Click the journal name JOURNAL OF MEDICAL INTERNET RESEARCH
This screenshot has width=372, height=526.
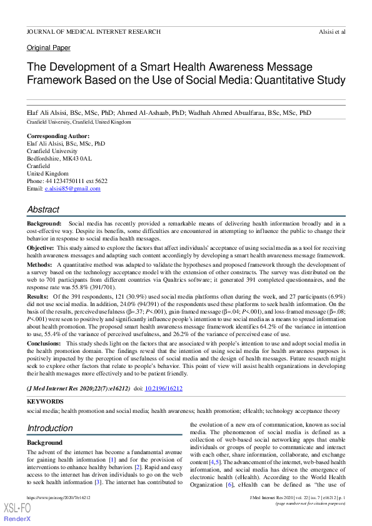pyautogui.click(x=93, y=31)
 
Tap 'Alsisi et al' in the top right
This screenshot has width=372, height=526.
pyautogui.click(x=331, y=31)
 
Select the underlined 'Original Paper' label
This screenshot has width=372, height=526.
pyautogui.click(x=48, y=47)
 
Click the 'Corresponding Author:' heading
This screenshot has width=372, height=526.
pyautogui.click(x=58, y=136)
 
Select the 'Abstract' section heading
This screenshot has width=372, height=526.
pyautogui.click(x=43, y=210)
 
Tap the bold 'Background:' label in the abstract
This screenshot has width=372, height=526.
pyautogui.click(x=44, y=223)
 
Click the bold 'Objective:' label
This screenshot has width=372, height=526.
pyautogui.click(x=40, y=248)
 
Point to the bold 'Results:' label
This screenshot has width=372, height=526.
pyautogui.click(x=38, y=297)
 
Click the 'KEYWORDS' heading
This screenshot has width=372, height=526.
pyautogui.click(x=44, y=402)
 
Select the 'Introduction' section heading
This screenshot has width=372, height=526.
pyautogui.click(x=49, y=428)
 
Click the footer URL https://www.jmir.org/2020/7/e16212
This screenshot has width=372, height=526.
pyautogui.click(x=58, y=497)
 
